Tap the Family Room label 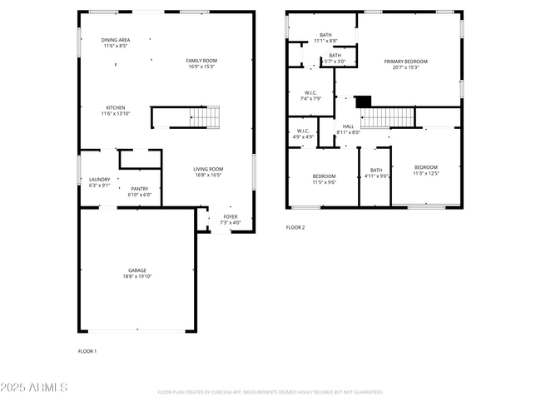(x=201, y=61)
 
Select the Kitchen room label (x=115, y=107)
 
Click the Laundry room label (x=99, y=180)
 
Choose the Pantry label (x=139, y=189)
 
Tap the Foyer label (x=230, y=216)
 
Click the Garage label (x=137, y=270)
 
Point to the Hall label (x=348, y=126)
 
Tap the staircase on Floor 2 (x=387, y=117)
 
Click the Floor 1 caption (x=87, y=351)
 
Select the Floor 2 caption (x=295, y=227)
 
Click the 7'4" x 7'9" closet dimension (x=310, y=98)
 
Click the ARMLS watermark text (x=35, y=389)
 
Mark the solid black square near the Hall (x=362, y=101)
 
